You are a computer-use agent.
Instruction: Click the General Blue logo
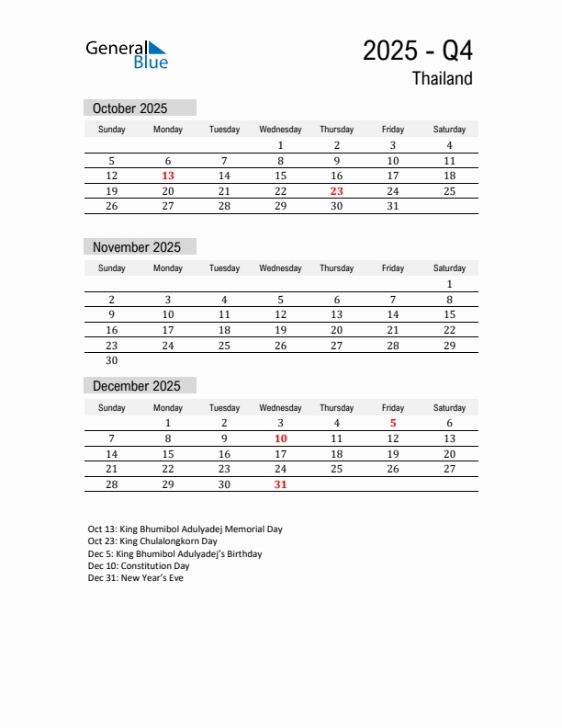(x=127, y=54)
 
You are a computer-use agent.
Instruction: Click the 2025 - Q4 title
(x=418, y=51)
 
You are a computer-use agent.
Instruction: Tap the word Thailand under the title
(x=442, y=79)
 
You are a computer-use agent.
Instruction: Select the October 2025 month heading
(x=130, y=108)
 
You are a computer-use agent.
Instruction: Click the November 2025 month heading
(x=137, y=247)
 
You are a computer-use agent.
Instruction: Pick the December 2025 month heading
(x=137, y=386)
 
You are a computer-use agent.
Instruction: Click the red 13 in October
(x=168, y=176)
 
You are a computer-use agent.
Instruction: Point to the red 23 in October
(x=337, y=191)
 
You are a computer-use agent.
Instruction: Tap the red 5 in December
(x=393, y=423)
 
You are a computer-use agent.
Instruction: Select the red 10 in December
(x=280, y=438)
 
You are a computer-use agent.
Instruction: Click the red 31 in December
(x=280, y=484)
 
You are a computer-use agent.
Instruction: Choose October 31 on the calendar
(x=393, y=207)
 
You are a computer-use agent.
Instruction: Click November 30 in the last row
(x=112, y=361)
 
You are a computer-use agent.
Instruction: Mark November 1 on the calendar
(x=449, y=284)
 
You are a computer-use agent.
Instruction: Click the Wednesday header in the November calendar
(x=280, y=268)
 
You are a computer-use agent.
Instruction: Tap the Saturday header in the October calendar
(x=449, y=130)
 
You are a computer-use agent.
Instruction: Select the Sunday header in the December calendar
(x=112, y=407)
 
